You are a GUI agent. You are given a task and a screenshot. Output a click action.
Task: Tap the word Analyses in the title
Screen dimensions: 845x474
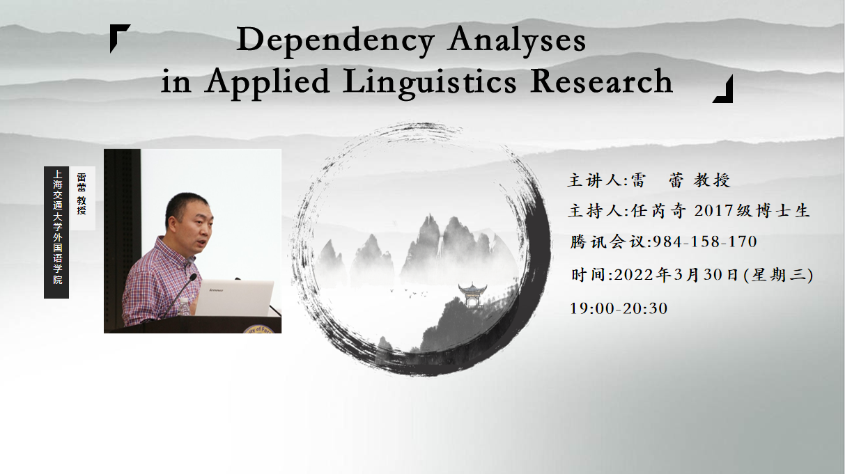click(x=516, y=40)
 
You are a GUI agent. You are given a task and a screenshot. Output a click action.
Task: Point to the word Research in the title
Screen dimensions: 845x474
click(x=601, y=81)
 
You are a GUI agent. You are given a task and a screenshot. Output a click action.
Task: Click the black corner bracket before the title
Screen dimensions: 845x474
click(x=120, y=38)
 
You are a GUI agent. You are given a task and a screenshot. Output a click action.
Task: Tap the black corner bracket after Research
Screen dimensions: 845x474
click(x=723, y=89)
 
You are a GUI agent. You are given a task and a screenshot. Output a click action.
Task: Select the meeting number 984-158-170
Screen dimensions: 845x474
click(x=705, y=242)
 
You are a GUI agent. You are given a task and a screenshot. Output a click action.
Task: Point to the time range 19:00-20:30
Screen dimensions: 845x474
click(x=619, y=308)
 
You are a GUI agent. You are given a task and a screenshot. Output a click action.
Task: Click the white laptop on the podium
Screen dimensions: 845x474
click(x=234, y=298)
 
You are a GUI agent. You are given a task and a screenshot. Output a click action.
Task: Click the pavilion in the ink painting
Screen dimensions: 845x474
click(x=472, y=294)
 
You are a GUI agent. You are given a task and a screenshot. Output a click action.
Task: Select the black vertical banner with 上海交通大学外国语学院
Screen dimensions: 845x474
click(x=56, y=232)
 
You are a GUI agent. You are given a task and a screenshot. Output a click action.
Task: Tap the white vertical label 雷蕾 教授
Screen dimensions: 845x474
click(x=82, y=198)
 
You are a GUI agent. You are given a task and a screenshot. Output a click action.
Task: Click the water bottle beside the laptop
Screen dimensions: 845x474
click(x=184, y=306)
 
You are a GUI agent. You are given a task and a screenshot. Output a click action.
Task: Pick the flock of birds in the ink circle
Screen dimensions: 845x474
click(x=409, y=293)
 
